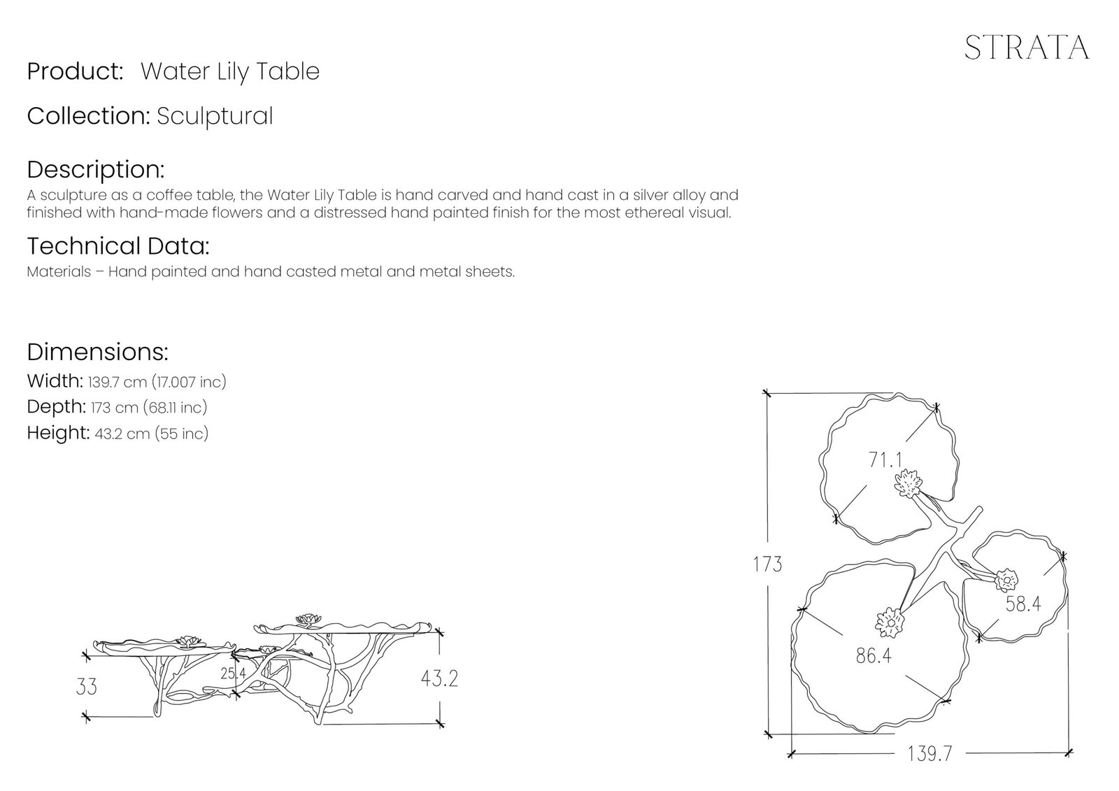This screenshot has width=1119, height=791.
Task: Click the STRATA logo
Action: click(x=1027, y=48)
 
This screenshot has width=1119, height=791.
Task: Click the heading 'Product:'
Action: click(x=75, y=71)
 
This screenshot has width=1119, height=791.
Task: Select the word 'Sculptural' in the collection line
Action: click(x=215, y=116)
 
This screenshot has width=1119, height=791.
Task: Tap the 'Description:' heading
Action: click(x=95, y=169)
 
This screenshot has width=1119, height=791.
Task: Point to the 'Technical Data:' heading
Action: click(x=118, y=246)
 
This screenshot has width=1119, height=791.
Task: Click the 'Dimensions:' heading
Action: click(x=97, y=352)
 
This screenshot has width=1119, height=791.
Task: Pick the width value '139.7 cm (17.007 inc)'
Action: click(x=157, y=383)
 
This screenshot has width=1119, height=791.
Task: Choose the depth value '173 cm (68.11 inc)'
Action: click(x=149, y=408)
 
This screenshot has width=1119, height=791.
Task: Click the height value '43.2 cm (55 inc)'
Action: click(x=151, y=434)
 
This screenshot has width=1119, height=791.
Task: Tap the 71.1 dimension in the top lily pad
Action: click(x=885, y=459)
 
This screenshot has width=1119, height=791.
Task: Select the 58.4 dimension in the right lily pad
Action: click(x=1023, y=604)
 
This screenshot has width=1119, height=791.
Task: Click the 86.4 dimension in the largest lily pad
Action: click(x=874, y=655)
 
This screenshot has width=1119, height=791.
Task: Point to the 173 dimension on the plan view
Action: click(x=767, y=564)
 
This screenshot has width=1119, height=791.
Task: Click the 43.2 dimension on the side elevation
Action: click(x=439, y=678)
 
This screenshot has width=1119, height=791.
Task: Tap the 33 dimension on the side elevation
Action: click(x=87, y=687)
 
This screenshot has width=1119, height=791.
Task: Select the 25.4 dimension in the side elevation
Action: click(x=234, y=674)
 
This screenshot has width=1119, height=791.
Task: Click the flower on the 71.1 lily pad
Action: click(x=908, y=483)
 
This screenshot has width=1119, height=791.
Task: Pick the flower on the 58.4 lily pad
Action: click(x=1006, y=580)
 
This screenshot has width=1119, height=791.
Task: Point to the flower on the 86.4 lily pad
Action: click(x=890, y=622)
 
